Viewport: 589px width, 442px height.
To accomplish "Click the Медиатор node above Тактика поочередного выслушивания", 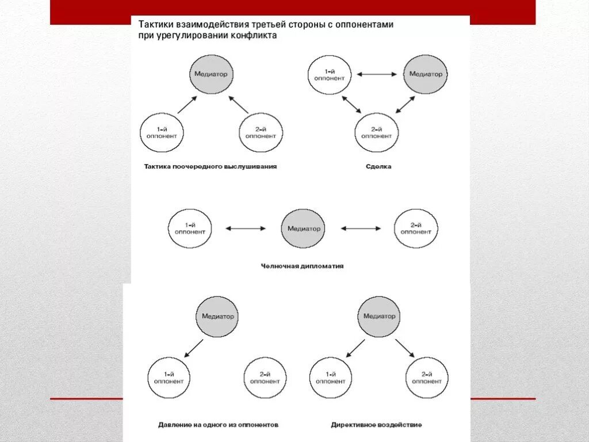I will point(211,74).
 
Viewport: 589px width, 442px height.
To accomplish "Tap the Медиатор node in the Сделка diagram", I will point(425,74).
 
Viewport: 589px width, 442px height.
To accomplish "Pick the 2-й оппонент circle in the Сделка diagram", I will point(376,133).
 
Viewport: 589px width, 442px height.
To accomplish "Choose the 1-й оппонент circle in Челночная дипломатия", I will point(190,228).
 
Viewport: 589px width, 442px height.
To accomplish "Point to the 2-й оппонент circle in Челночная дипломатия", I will point(416,228).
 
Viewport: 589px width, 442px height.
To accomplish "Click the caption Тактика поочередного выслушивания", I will point(210,166).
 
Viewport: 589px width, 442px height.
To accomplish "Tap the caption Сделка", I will point(378,166).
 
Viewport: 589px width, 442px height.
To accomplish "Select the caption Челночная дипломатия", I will point(302,266).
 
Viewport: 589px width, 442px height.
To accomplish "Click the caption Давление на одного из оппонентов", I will point(218,425).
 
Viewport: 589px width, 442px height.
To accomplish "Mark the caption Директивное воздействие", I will point(376,425).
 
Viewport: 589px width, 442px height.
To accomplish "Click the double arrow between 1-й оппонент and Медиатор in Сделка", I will point(377,74).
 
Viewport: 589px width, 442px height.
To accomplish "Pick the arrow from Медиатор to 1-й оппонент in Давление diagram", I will point(193,348).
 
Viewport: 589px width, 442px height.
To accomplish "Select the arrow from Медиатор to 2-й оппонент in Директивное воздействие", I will point(405,348).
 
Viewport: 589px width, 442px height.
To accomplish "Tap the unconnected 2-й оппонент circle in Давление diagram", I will point(265,378).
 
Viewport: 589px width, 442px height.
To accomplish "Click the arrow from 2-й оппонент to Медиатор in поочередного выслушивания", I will point(239,104).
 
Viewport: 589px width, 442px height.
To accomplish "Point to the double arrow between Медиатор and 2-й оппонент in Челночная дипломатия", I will point(360,228).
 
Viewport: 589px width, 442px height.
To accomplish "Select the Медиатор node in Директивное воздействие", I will point(379,316).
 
